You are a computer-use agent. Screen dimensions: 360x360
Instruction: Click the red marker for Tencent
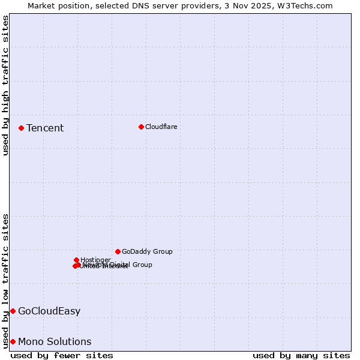coord(21,128)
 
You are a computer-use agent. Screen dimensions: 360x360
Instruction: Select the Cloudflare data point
coord(141,127)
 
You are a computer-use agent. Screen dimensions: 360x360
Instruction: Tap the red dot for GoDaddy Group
coord(118,251)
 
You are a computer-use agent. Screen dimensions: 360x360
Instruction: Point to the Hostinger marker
coord(76,260)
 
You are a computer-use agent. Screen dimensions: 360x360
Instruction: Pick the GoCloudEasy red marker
coord(13,311)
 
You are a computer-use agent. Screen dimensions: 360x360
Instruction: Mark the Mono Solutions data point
coord(13,341)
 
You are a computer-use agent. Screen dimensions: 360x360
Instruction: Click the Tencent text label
coord(45,128)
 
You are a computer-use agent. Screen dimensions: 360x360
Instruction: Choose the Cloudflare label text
coord(161,127)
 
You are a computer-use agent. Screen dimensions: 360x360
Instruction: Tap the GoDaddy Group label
coord(147,251)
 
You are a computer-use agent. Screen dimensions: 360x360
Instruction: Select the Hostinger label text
coord(95,260)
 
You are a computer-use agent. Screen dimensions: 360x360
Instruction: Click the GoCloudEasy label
coord(49,311)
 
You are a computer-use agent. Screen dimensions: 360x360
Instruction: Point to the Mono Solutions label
coord(55,341)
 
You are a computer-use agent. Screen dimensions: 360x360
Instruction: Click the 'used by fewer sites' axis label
coord(62,355)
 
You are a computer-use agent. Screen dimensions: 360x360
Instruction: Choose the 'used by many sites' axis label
coord(301,355)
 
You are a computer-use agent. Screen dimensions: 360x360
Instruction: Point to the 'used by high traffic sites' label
coord(5,85)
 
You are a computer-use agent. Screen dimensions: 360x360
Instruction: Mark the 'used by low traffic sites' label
coord(5,280)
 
